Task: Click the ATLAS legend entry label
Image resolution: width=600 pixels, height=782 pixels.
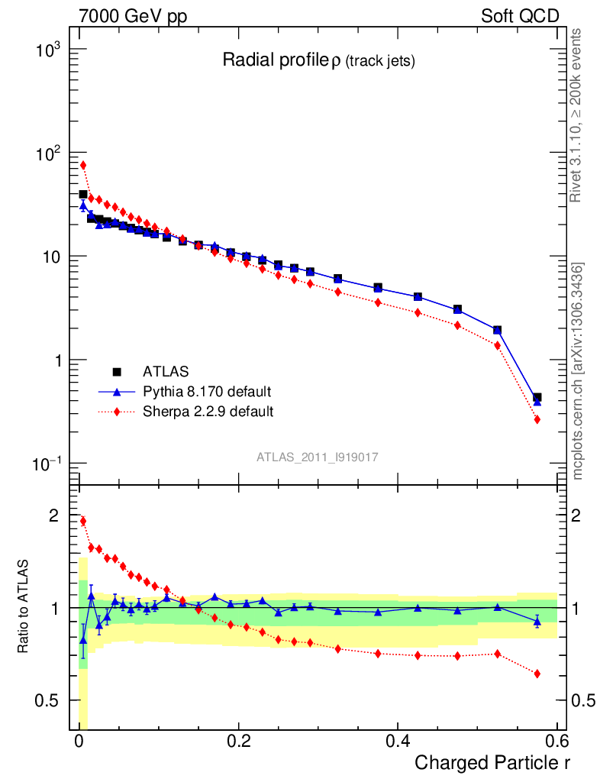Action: pyautogui.click(x=165, y=372)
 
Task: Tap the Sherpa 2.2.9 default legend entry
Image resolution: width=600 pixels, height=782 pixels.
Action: pyautogui.click(x=208, y=412)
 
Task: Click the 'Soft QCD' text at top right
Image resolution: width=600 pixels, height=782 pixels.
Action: pyautogui.click(x=521, y=16)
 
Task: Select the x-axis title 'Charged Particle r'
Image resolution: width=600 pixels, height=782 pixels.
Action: pyautogui.click(x=492, y=762)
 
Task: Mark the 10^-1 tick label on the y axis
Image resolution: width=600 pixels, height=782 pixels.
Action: pyautogui.click(x=51, y=464)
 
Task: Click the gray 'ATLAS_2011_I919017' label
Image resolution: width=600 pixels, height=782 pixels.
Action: pyautogui.click(x=318, y=456)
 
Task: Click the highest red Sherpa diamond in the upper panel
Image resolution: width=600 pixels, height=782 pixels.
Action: pyautogui.click(x=83, y=165)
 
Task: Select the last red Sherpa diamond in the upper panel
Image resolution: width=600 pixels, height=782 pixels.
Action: pyautogui.click(x=537, y=419)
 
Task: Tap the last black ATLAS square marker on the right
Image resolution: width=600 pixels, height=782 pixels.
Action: pyautogui.click(x=537, y=397)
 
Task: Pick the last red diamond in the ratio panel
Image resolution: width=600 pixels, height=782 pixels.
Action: pyautogui.click(x=537, y=674)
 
